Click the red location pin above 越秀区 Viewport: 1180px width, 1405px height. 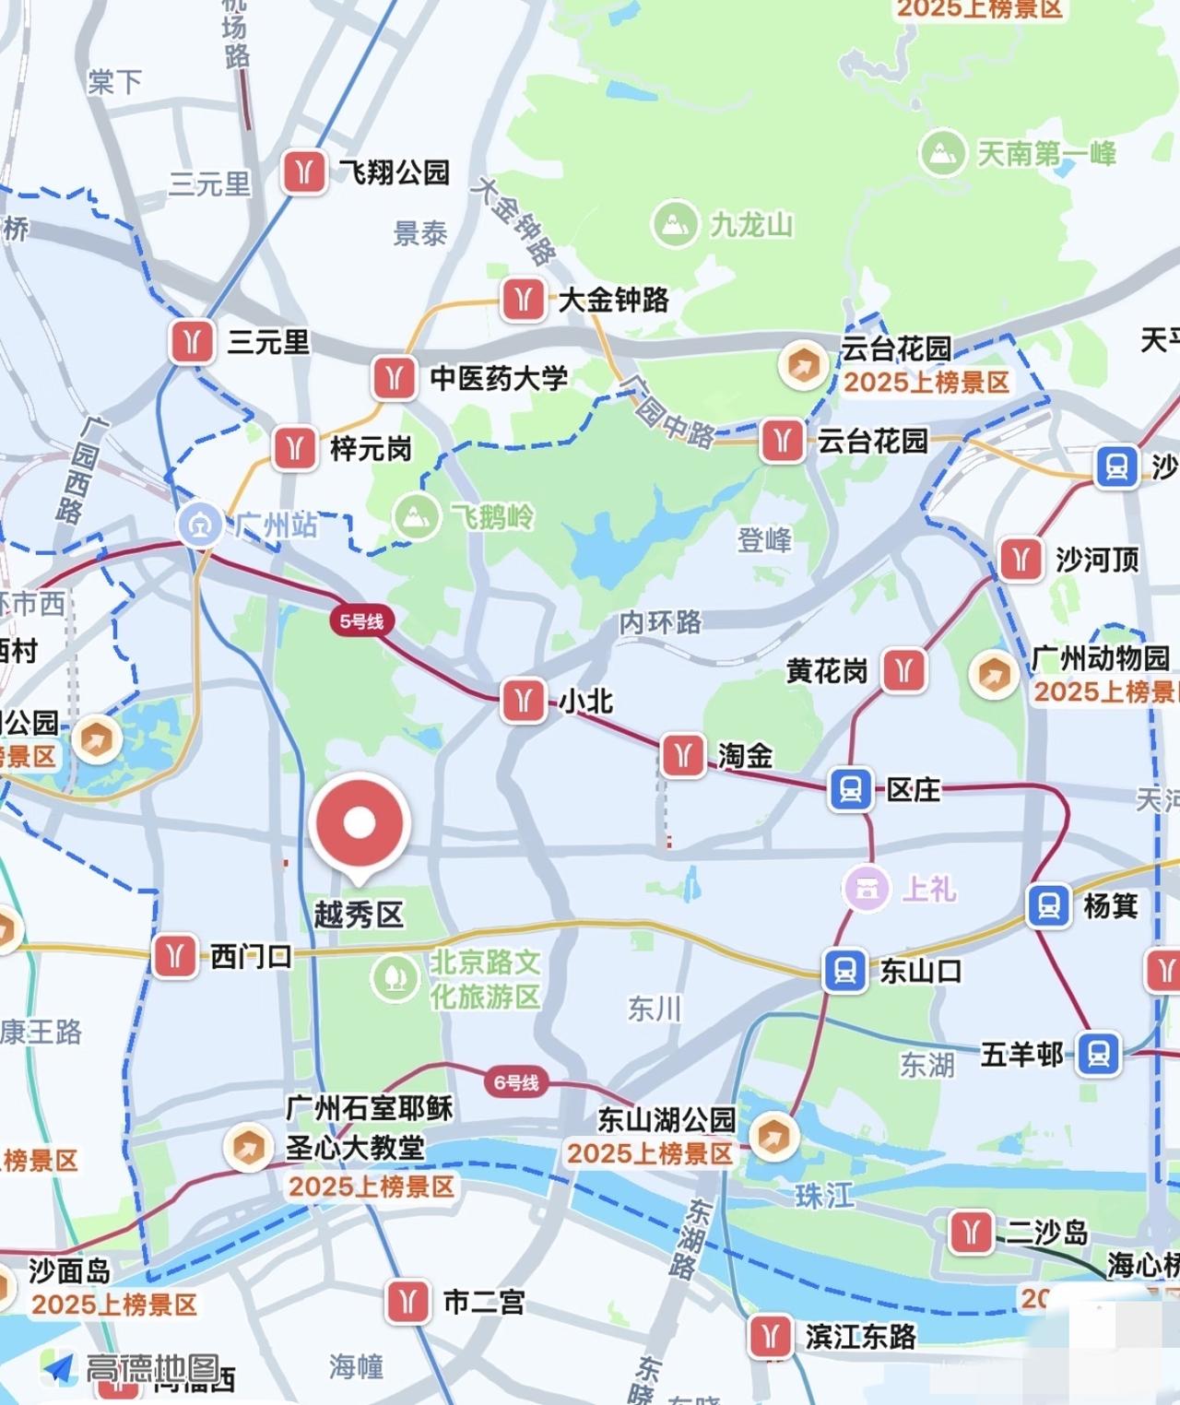tap(359, 823)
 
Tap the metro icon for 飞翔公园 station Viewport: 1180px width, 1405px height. tap(303, 171)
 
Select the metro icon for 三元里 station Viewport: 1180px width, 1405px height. tap(192, 342)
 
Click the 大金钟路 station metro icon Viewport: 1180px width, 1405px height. tap(523, 300)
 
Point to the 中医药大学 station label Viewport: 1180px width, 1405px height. tap(499, 378)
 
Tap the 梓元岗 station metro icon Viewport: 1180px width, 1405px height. tap(295, 448)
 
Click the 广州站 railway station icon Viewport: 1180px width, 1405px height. tap(200, 525)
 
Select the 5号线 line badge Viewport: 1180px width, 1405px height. tap(361, 621)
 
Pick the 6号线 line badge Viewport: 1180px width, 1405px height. tap(515, 1081)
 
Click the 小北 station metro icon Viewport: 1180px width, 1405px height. tap(523, 702)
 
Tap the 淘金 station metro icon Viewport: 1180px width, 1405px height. tap(682, 756)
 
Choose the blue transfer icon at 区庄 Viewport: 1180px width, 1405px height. tap(850, 790)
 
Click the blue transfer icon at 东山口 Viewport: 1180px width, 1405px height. tap(844, 971)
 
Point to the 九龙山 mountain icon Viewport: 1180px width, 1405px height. tap(674, 224)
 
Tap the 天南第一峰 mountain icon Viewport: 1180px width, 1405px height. tap(942, 153)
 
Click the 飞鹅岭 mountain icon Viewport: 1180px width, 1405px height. tap(416, 516)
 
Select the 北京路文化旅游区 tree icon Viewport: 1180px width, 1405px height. tap(395, 977)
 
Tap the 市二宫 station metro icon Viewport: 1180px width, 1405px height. tap(407, 1302)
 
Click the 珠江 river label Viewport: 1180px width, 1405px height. tap(824, 1196)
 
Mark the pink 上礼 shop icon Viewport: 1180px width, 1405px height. tap(866, 889)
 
